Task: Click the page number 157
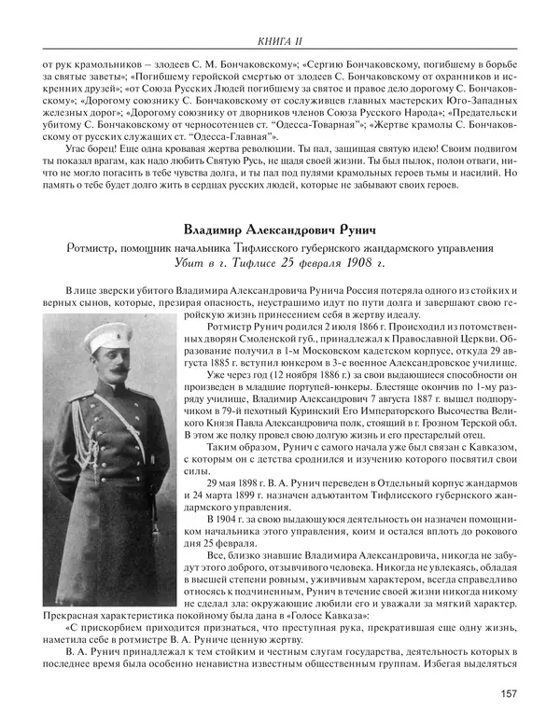click(x=509, y=692)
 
